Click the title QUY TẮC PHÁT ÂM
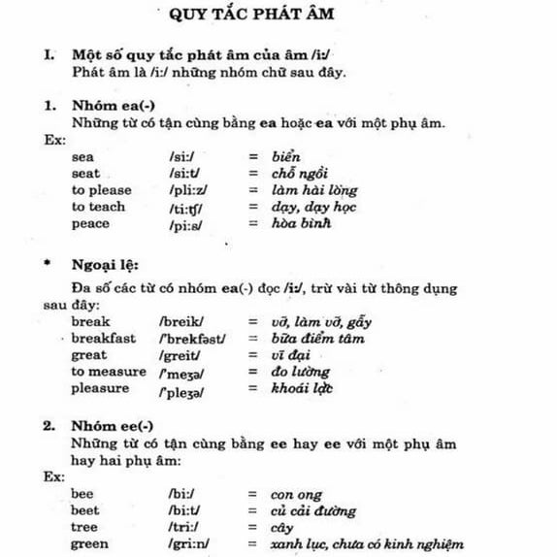[278, 16]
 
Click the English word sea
[83, 156]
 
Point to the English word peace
[91, 224]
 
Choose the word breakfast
[105, 338]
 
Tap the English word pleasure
[100, 389]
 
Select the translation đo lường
[301, 372]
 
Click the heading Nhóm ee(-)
[112, 426]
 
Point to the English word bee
[83, 494]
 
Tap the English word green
[90, 544]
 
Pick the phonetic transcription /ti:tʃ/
[188, 208]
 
